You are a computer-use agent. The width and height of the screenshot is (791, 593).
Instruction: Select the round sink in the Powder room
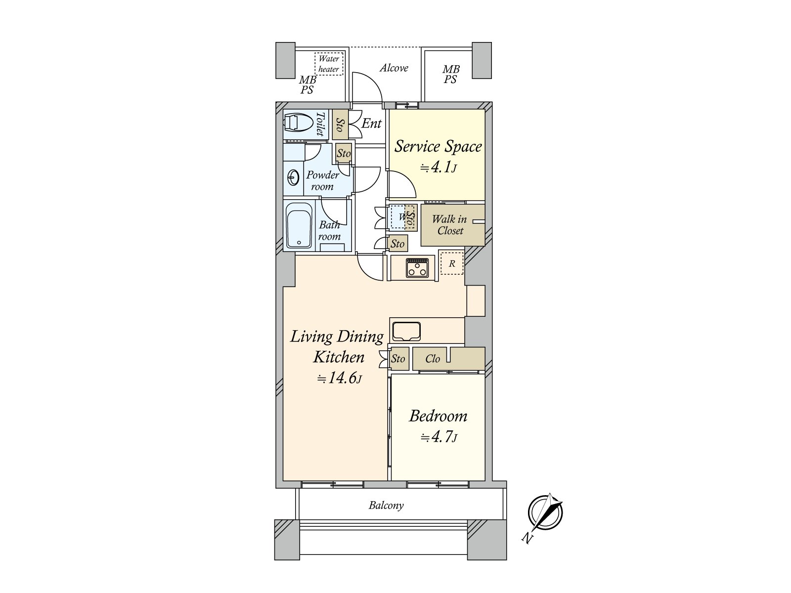point(293,177)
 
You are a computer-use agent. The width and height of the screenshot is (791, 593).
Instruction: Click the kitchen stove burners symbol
point(417,268)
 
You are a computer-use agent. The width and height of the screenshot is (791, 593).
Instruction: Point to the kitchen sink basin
point(405,331)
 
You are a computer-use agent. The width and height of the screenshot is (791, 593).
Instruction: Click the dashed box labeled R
point(452,263)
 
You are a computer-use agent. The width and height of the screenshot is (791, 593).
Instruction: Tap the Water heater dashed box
point(329,64)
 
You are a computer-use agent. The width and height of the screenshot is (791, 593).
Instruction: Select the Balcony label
point(386,506)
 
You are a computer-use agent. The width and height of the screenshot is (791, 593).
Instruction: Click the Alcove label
point(394,68)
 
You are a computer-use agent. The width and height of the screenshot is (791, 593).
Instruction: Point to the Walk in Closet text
point(449,225)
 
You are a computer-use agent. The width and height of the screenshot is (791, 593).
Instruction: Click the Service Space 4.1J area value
point(438,168)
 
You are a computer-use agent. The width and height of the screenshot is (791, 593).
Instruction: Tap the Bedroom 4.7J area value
point(438,437)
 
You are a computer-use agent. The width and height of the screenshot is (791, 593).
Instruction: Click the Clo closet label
point(433,359)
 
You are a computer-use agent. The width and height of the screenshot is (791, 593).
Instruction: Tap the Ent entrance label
point(371,124)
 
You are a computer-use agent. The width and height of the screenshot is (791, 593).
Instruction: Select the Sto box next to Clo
point(398,359)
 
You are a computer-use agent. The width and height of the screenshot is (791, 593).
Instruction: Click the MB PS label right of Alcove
point(450,75)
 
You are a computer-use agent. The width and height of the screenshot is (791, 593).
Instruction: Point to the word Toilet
point(320,124)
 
